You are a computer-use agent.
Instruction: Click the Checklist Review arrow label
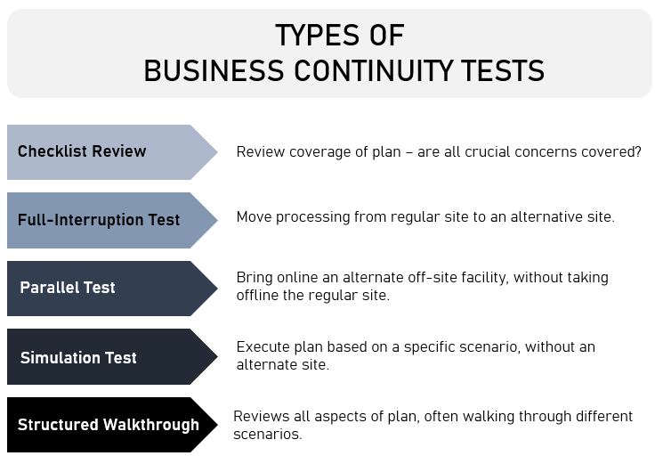click(x=82, y=151)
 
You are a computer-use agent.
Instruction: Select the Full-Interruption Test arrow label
click(x=99, y=220)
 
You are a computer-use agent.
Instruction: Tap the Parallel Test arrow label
click(x=68, y=289)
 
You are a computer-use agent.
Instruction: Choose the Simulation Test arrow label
click(x=78, y=358)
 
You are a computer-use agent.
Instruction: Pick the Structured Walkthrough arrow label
click(x=109, y=425)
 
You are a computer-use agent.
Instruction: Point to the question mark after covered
click(x=637, y=152)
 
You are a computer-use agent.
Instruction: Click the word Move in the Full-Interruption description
click(x=253, y=216)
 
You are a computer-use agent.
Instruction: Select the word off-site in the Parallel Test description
click(x=439, y=278)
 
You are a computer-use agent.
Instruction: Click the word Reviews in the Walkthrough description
click(x=259, y=417)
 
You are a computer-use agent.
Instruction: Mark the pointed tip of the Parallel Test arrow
click(x=216, y=289)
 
